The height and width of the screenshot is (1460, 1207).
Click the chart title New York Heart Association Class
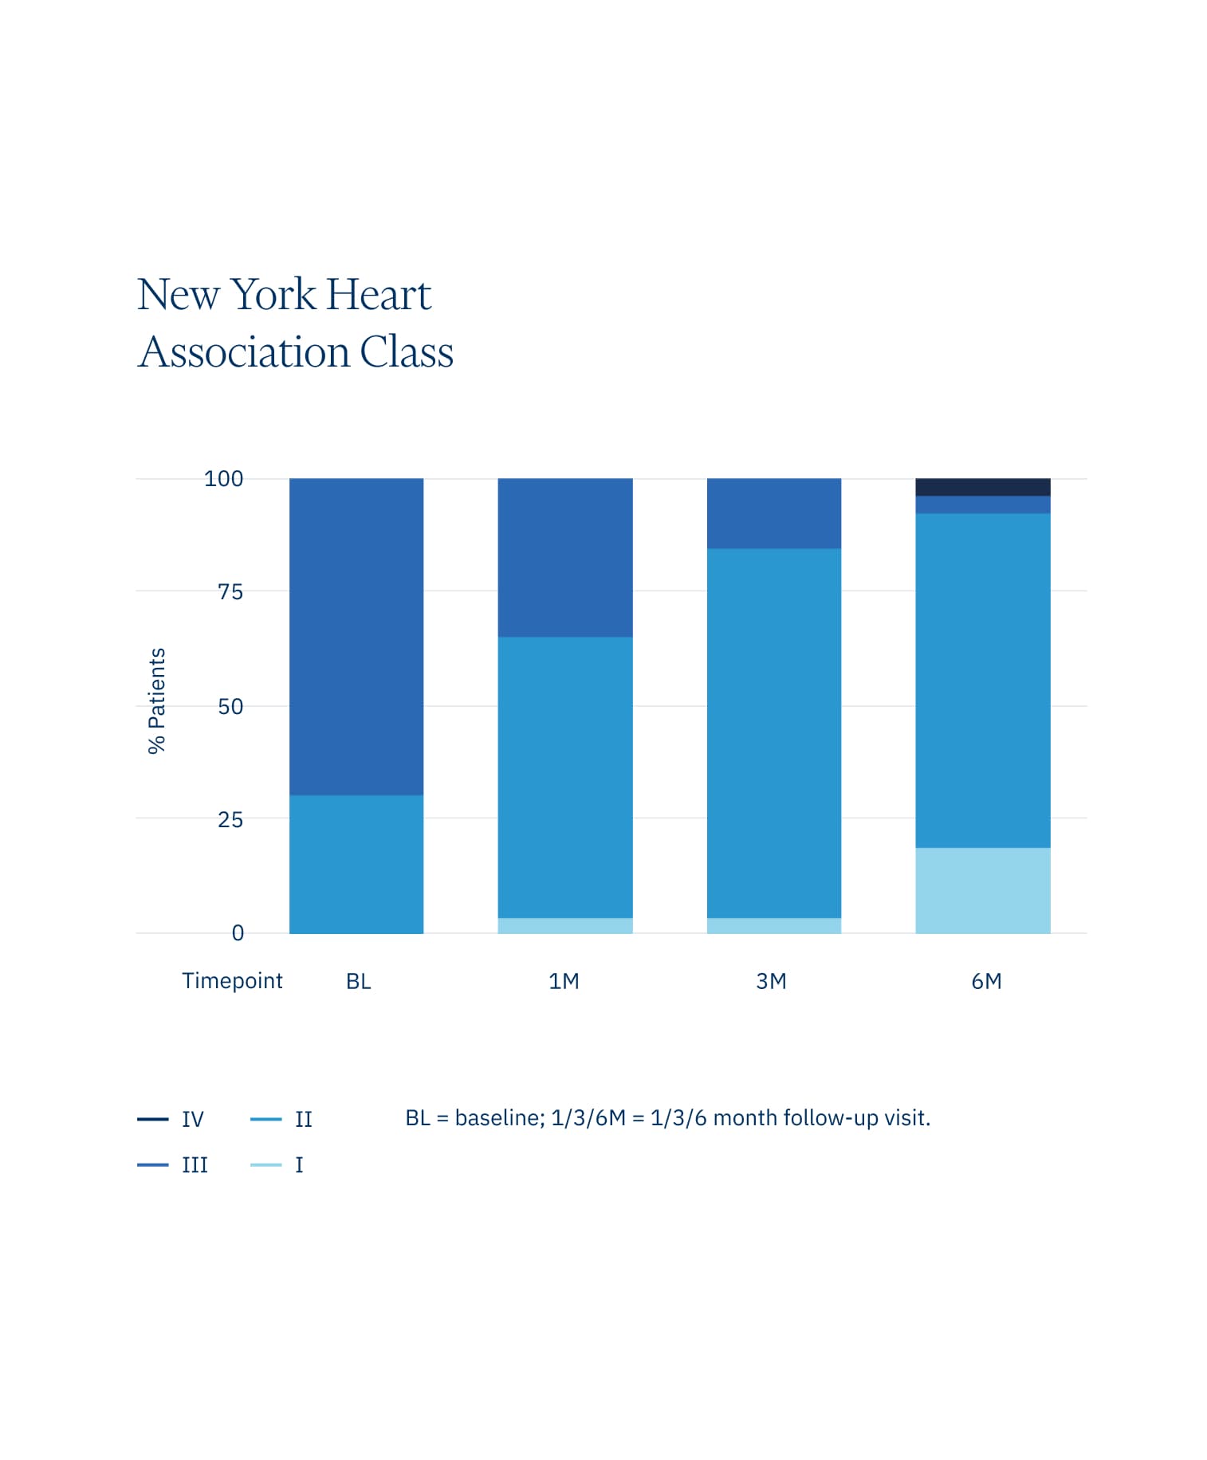pyautogui.click(x=295, y=323)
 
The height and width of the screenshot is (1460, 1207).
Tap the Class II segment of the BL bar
pyautogui.click(x=356, y=864)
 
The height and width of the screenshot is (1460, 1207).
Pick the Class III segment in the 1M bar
pyautogui.click(x=564, y=557)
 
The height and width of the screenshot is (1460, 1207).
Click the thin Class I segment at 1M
pyautogui.click(x=564, y=925)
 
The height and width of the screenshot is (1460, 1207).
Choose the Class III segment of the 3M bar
pyautogui.click(x=773, y=513)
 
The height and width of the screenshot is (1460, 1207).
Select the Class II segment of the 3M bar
pyautogui.click(x=773, y=733)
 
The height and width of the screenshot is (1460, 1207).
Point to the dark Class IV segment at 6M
pyautogui.click(x=982, y=487)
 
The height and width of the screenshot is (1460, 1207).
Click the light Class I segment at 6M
pyautogui.click(x=982, y=890)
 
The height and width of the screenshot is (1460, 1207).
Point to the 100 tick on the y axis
pyautogui.click(x=223, y=479)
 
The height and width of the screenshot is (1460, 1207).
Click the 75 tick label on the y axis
pyautogui.click(x=230, y=592)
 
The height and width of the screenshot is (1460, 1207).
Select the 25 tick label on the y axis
pyautogui.click(x=230, y=819)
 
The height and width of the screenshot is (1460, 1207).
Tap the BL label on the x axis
pyautogui.click(x=358, y=981)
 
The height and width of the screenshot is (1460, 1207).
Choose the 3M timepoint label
pyautogui.click(x=771, y=981)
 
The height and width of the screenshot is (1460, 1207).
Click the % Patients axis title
pyautogui.click(x=157, y=700)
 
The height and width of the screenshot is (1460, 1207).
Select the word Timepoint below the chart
pyautogui.click(x=232, y=981)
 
